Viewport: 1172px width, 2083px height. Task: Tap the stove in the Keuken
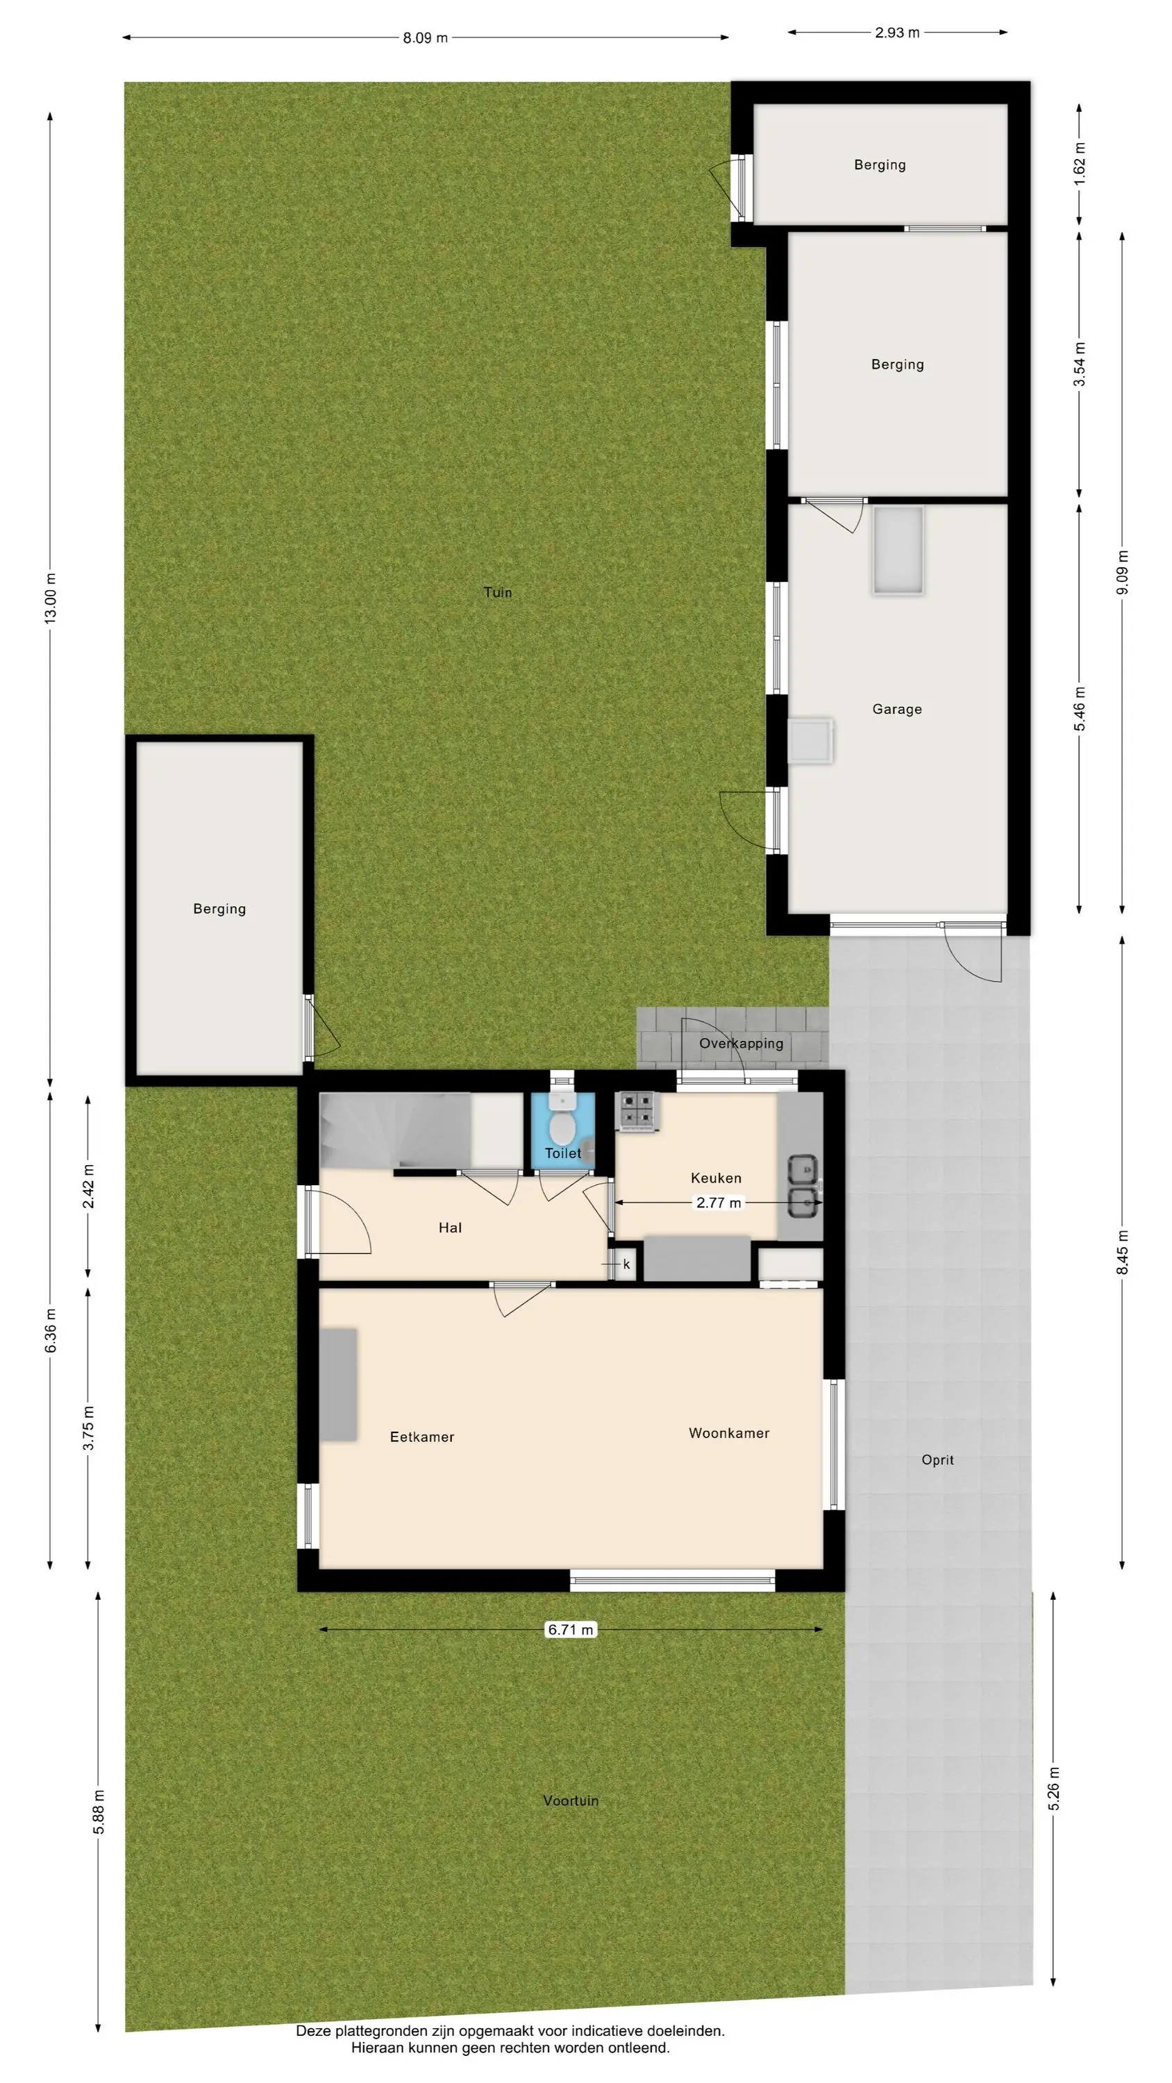[x=638, y=1111]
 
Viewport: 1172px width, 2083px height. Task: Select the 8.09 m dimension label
[x=426, y=38]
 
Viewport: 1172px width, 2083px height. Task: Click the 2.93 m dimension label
[x=897, y=33]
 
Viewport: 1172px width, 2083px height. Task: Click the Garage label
[x=897, y=709]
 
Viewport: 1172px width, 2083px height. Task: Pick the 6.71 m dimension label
[x=571, y=1630]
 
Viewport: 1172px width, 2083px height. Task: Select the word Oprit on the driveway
[x=937, y=1459]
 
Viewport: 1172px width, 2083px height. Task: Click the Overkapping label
[x=741, y=1043]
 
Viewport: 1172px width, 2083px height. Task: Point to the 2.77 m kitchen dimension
[x=718, y=1203]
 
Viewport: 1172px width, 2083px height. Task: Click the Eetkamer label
[x=422, y=1437]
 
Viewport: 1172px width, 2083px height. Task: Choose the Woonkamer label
[x=729, y=1433]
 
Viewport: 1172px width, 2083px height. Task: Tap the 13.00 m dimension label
[x=50, y=598]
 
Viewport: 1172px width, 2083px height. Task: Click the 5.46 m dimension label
[x=1080, y=709]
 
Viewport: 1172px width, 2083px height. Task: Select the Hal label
[x=450, y=1228]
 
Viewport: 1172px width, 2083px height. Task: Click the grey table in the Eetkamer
[x=339, y=1384]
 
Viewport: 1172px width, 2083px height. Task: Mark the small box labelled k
[x=625, y=1264]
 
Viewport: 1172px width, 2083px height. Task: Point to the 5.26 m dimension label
[x=1053, y=1789]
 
